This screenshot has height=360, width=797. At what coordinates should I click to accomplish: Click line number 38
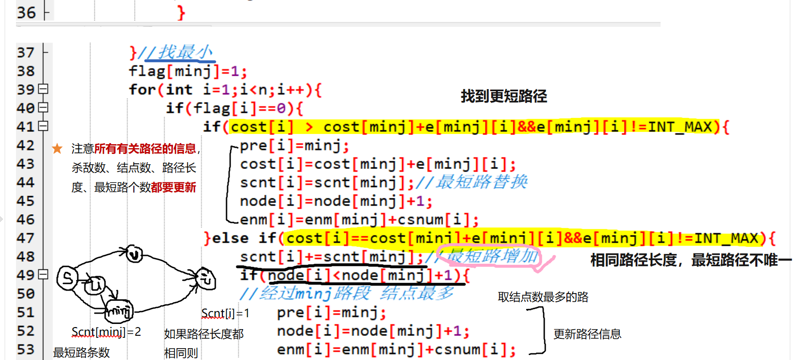coord(26,71)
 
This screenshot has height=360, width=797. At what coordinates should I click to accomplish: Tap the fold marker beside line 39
coord(43,90)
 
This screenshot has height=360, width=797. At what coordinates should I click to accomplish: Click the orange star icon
coord(57,149)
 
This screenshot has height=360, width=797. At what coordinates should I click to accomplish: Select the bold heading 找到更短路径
coord(504,96)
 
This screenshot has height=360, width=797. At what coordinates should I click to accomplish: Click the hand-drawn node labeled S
coord(67,278)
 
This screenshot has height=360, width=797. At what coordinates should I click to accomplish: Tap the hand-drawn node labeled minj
coord(120,311)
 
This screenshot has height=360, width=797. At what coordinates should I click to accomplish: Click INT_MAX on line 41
coord(679,127)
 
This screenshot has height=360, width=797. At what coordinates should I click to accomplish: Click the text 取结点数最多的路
coord(543,297)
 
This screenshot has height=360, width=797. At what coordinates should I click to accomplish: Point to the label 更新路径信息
coord(587,334)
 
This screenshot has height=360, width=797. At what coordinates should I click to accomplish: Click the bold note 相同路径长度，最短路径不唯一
coord(690,261)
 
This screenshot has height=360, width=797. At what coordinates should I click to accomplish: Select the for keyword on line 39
coord(143,90)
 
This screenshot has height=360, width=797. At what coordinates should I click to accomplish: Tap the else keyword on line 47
coord(232,238)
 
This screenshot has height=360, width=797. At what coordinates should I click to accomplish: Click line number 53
coord(26,349)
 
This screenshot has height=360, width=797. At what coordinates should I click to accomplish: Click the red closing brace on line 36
coord(181,13)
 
